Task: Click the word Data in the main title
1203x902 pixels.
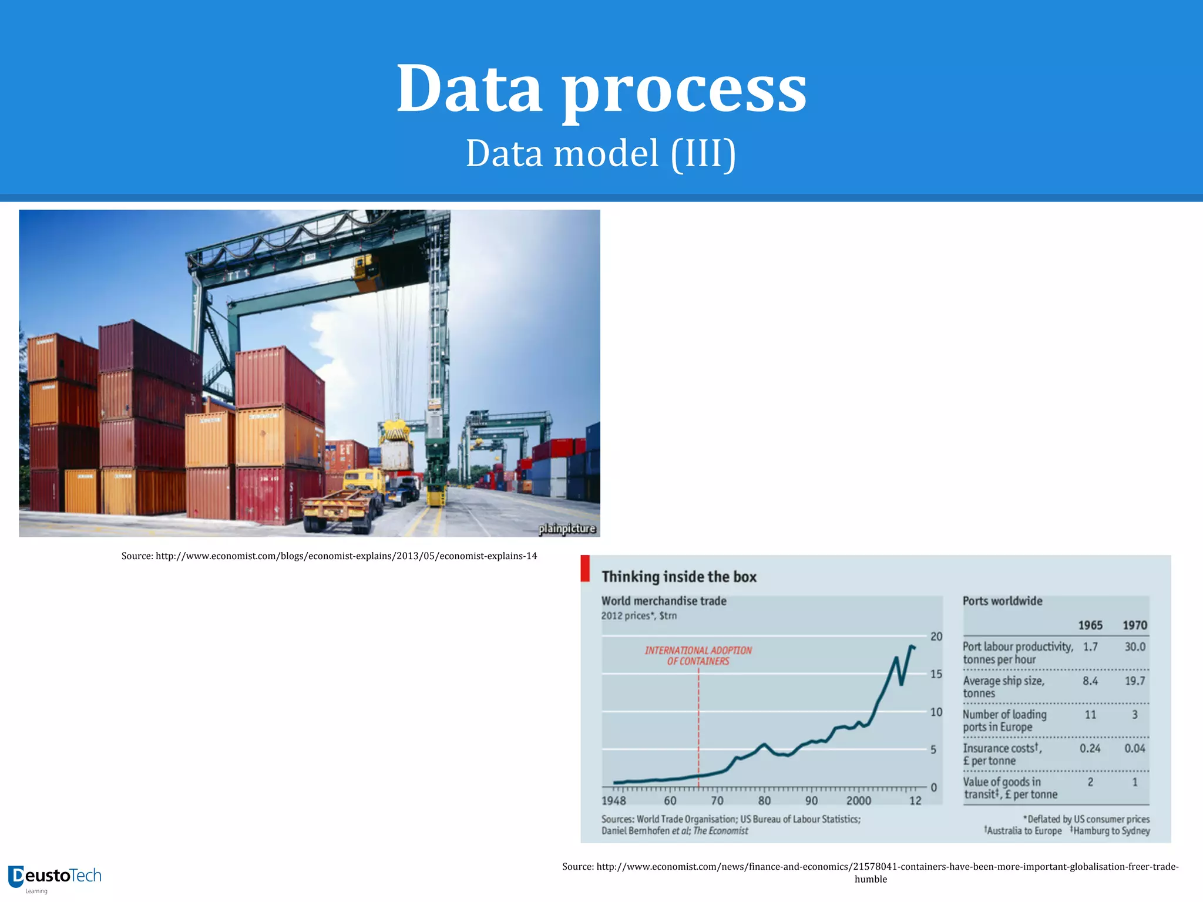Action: (469, 89)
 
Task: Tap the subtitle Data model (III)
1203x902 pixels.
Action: (600, 153)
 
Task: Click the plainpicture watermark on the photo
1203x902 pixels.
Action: (567, 529)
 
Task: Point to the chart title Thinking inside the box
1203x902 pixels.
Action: (679, 577)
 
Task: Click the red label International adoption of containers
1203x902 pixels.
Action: (698, 655)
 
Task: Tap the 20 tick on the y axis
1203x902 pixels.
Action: (936, 637)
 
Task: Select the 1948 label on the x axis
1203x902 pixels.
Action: (614, 800)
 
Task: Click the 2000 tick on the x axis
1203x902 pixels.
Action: (858, 800)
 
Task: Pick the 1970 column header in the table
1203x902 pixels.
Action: (1134, 625)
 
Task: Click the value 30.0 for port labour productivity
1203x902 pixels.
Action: (1134, 647)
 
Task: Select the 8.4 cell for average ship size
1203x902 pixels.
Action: (1090, 681)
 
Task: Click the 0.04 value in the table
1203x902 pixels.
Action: (1134, 748)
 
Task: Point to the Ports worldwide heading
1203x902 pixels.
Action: (1002, 601)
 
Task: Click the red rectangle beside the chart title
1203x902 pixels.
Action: (585, 568)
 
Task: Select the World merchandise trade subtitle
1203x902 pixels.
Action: (664, 601)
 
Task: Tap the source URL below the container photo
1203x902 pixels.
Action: (329, 556)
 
